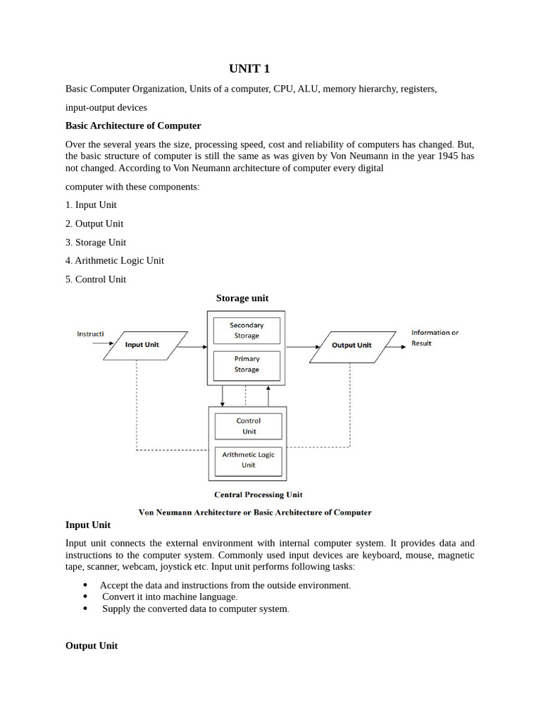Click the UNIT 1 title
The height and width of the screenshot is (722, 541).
(249, 68)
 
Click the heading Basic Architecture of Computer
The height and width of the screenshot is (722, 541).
(133, 126)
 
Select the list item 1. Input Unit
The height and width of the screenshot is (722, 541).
(91, 204)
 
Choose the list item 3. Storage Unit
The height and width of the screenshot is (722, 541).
(96, 242)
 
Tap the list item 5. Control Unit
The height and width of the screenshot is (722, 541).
(96, 279)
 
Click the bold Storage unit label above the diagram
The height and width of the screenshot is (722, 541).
(242, 298)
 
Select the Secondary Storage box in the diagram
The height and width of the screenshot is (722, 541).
(247, 330)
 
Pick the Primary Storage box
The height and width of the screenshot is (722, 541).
(247, 364)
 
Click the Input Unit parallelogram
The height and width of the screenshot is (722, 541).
(144, 345)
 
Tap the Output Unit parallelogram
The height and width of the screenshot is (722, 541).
(352, 345)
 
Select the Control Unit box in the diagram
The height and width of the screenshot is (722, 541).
(248, 426)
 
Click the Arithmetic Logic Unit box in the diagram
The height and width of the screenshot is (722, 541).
(248, 460)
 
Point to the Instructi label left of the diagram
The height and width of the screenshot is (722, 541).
(90, 334)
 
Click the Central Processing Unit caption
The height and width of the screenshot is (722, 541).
(258, 494)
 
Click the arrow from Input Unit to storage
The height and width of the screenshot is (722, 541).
(192, 346)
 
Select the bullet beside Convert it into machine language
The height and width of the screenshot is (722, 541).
(85, 597)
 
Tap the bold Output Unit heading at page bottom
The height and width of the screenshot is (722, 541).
(92, 646)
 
